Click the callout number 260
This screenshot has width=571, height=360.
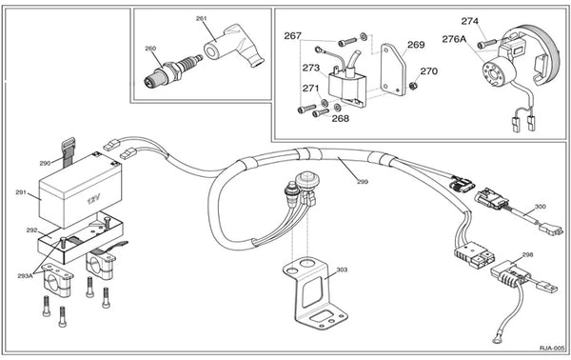pos(150,49)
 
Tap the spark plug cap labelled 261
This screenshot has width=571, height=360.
pos(233,47)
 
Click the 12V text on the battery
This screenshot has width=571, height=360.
pos(93,199)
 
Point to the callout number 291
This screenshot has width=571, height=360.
pos(21,192)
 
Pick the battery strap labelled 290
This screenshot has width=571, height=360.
pos(69,152)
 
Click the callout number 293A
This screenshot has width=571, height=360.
pos(25,276)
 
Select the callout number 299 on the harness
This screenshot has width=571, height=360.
pos(363,182)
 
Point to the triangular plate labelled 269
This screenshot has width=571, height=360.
pos(393,70)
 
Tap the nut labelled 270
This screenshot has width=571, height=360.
pos(413,86)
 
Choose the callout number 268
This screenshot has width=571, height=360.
pos(340,118)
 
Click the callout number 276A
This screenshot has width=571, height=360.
pos(454,39)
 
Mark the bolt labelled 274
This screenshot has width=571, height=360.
pos(486,45)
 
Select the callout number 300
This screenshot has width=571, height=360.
pos(541,207)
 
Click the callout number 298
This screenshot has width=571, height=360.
pos(527,254)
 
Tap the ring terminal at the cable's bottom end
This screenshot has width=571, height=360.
pos(496,340)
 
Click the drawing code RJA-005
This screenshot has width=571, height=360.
pos(552,349)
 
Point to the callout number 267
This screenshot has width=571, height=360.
pos(293,35)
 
